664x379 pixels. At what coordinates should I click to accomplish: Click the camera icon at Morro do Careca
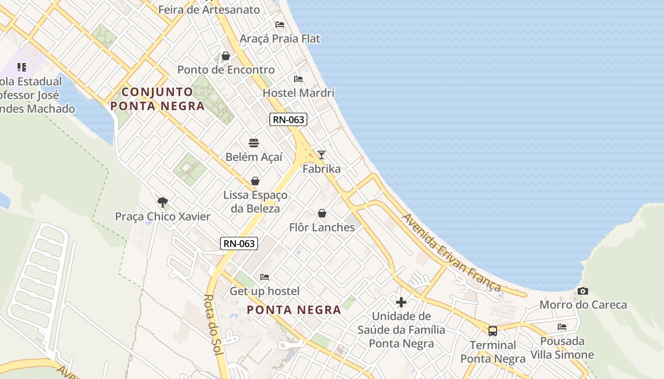point(583,291)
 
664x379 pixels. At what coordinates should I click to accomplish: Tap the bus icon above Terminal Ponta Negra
point(493,331)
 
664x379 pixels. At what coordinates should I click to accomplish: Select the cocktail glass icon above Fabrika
point(322,154)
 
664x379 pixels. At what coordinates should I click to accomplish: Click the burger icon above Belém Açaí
point(254,143)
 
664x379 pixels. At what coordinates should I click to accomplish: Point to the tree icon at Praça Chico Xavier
point(163,202)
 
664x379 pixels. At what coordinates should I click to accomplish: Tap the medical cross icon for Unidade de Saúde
point(401,302)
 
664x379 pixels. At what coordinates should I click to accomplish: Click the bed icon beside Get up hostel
point(265,277)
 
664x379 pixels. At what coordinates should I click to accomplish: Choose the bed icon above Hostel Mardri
point(298,79)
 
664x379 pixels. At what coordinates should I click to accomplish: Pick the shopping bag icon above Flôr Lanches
point(322,213)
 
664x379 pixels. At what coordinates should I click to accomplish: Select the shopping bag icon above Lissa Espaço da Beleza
point(255,181)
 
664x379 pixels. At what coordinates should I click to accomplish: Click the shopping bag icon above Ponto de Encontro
point(226,56)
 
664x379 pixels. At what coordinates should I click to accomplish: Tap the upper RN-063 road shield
point(288,119)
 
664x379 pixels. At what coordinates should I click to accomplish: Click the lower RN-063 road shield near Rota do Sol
point(240,244)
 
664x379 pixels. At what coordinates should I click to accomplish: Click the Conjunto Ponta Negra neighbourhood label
point(158,99)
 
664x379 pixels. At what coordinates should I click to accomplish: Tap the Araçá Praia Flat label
point(280,38)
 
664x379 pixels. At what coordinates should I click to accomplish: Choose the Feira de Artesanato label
point(209,9)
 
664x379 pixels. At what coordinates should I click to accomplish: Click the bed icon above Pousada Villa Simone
point(562,326)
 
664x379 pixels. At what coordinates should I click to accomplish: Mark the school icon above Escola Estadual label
point(22,67)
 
